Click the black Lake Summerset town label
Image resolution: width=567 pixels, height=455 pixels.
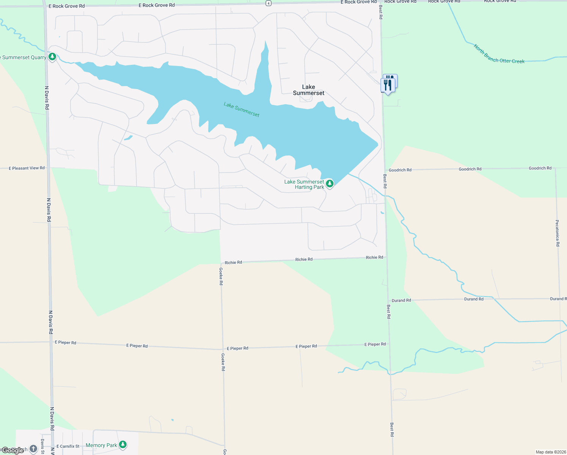pyautogui.click(x=309, y=90)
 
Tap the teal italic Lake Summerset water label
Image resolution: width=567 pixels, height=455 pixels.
pyautogui.click(x=241, y=110)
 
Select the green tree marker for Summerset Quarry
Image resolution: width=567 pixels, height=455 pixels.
pyautogui.click(x=52, y=57)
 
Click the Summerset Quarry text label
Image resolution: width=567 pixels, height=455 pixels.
pyautogui.click(x=23, y=58)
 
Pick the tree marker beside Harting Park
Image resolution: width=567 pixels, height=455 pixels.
pyautogui.click(x=330, y=184)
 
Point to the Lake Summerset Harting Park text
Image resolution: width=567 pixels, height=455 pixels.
pyautogui.click(x=304, y=184)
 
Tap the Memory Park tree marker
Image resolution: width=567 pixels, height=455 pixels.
pyautogui.click(x=122, y=444)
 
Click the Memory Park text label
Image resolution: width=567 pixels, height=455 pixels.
pyautogui.click(x=101, y=446)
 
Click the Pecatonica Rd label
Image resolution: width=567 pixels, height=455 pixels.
pyautogui.click(x=557, y=233)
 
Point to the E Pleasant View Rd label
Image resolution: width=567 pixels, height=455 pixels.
pyautogui.click(x=27, y=168)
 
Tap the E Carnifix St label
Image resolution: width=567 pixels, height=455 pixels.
pyautogui.click(x=68, y=446)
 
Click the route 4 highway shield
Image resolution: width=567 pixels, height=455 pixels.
pyautogui.click(x=268, y=3)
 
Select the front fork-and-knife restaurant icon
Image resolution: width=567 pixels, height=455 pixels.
pyautogui.click(x=387, y=85)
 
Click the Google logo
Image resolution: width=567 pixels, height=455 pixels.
pyautogui.click(x=13, y=450)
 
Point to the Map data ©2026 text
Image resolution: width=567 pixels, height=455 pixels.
pyautogui.click(x=550, y=452)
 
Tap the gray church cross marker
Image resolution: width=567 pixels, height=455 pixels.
pyautogui.click(x=33, y=449)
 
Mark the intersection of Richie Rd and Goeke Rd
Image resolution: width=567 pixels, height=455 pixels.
pyautogui.click(x=221, y=263)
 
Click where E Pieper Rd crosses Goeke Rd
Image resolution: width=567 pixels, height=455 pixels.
pyautogui.click(x=223, y=349)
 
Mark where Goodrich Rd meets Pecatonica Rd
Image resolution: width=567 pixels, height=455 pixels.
pyautogui.click(x=556, y=168)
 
